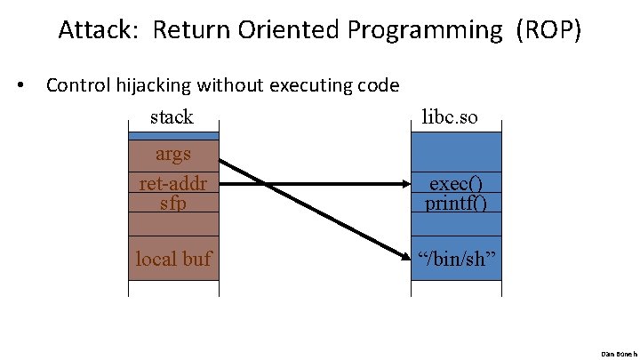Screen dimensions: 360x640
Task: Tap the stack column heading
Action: (172, 116)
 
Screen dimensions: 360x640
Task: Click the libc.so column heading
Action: (454, 116)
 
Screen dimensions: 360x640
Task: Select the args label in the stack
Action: (173, 154)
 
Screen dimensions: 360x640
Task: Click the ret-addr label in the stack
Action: (173, 183)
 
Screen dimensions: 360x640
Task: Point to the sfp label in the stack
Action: (173, 203)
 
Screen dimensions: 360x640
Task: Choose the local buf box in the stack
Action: (173, 259)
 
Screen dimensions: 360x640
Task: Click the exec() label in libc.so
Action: (456, 183)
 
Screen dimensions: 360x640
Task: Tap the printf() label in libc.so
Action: (456, 203)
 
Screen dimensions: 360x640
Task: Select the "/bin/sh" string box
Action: (456, 258)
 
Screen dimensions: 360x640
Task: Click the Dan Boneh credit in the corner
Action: (619, 353)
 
